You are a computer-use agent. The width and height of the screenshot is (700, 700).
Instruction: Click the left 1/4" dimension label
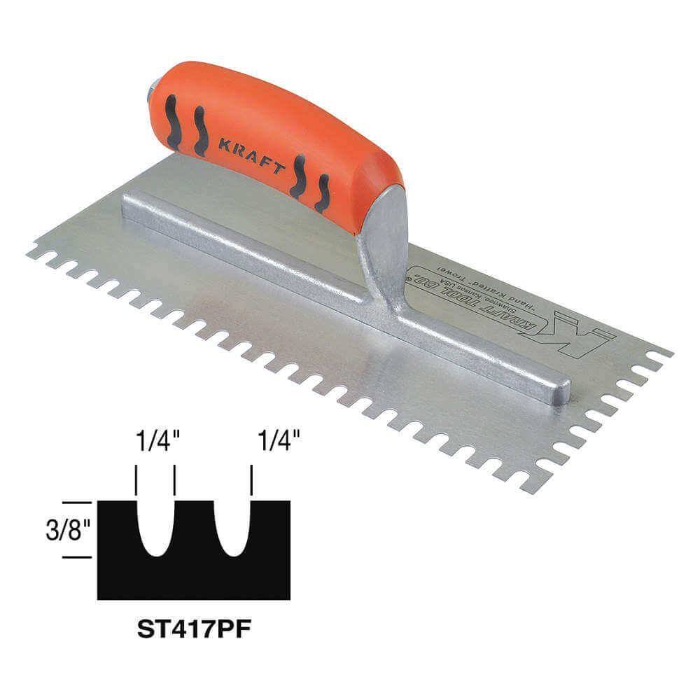154,442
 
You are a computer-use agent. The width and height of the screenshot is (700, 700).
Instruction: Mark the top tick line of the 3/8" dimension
76,502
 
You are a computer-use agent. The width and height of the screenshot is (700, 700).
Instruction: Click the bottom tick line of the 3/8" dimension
76,557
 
